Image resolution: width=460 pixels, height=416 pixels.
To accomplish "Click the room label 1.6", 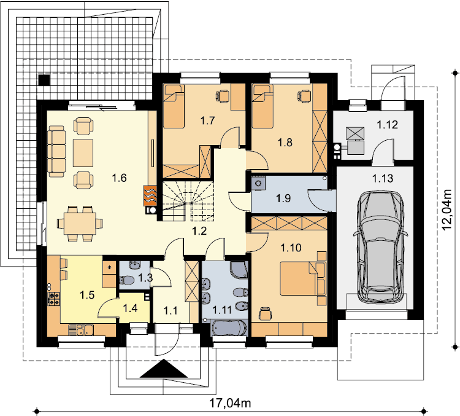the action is pos(120,178).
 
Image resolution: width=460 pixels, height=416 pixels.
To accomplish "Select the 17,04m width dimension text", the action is pos(230,403).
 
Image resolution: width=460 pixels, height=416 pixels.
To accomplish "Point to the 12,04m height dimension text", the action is pos(447,210).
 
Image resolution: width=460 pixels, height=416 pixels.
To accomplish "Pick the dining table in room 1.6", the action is pos(80,224).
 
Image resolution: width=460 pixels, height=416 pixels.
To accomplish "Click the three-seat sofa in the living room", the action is pos(57,151).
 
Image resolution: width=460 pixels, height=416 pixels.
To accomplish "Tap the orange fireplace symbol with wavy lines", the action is pos(150,195).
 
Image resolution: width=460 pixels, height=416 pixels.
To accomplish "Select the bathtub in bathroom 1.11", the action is pos(229,328).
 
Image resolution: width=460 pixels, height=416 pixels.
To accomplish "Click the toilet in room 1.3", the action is pos(126,280).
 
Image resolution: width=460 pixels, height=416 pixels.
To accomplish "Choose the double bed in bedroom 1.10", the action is pos(303,278).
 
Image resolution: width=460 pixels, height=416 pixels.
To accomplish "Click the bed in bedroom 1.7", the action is pos(174,106).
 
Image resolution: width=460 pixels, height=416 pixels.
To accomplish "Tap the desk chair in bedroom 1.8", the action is pos(304,96).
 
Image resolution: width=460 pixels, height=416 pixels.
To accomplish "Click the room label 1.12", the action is pos(387,125).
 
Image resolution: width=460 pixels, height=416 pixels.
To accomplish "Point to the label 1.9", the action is pos(283,198).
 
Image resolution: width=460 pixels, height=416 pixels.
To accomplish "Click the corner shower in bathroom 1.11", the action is pos(239,269).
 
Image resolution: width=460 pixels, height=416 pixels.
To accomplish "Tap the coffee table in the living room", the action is pos(83,153).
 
